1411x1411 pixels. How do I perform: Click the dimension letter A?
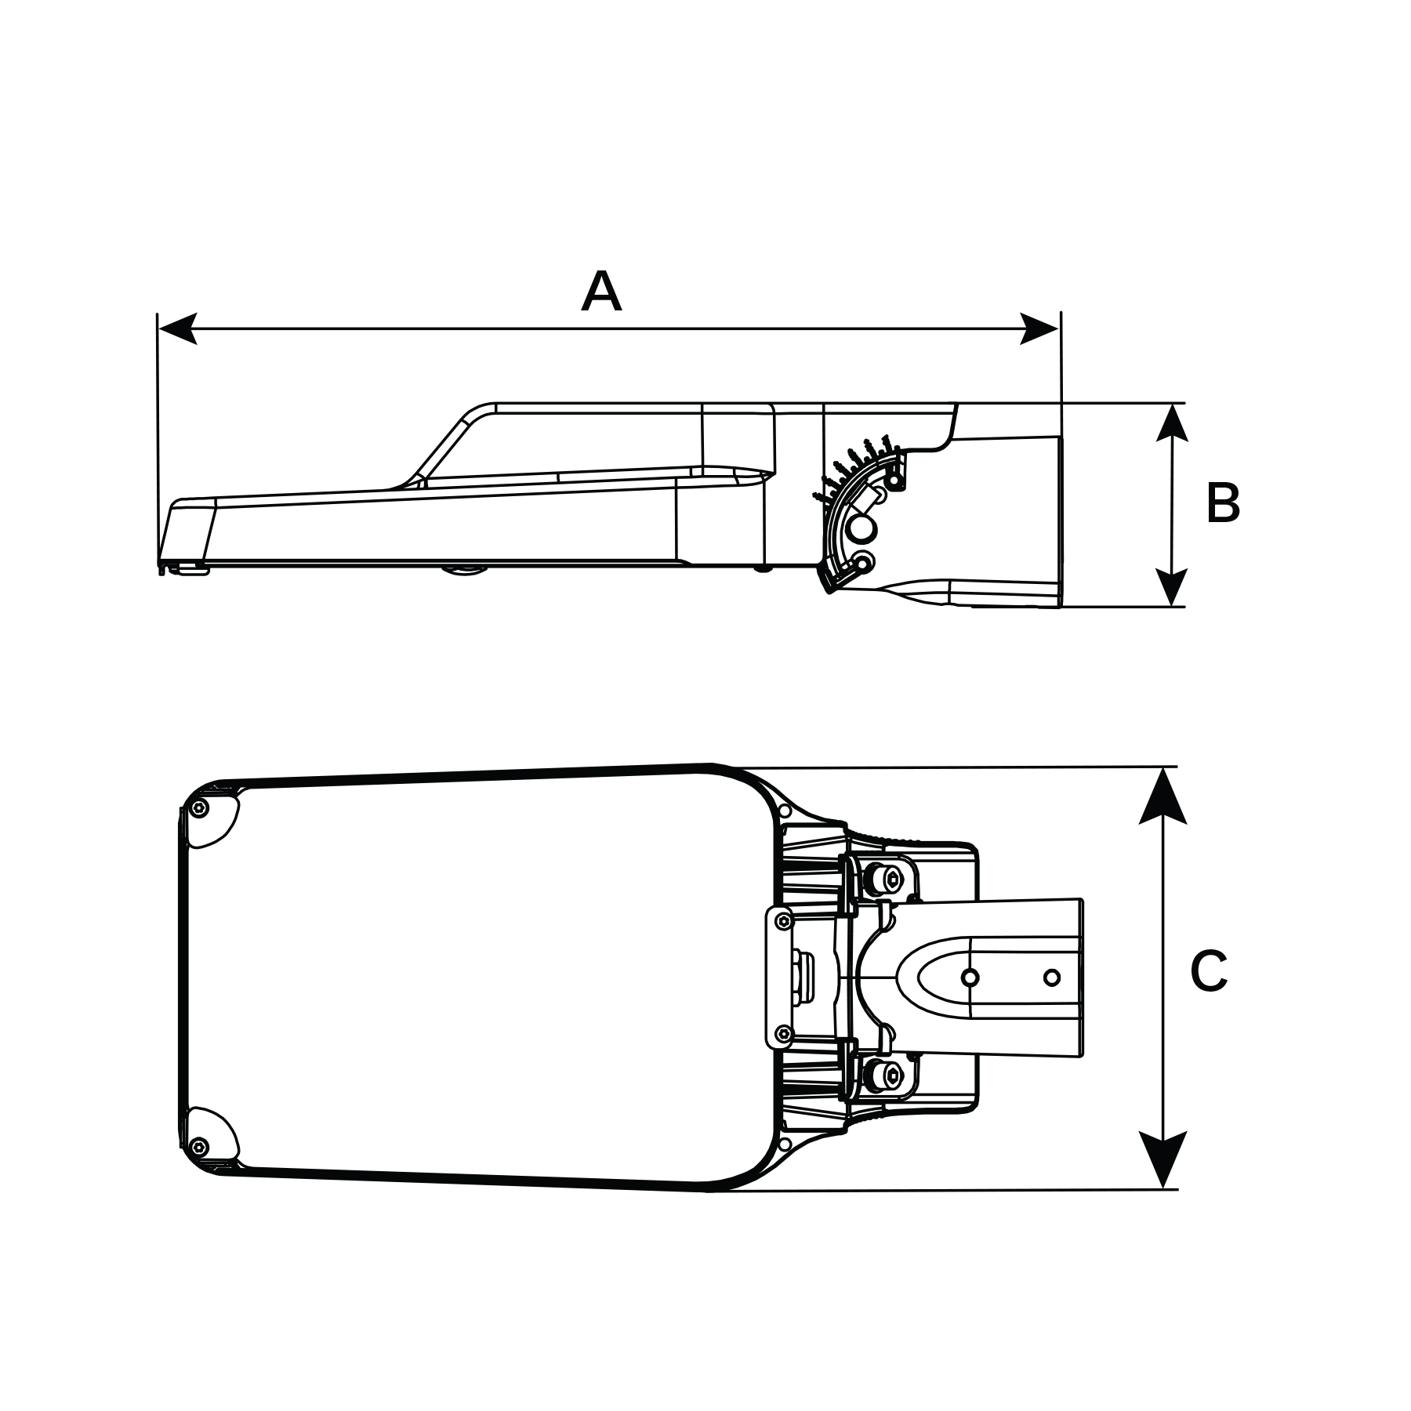601,292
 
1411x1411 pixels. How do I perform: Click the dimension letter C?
1208,972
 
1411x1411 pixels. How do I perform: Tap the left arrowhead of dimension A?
177,328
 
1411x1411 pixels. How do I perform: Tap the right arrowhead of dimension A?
1039,328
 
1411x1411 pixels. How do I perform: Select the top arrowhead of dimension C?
1163,796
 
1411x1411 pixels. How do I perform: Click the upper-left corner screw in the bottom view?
201,810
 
